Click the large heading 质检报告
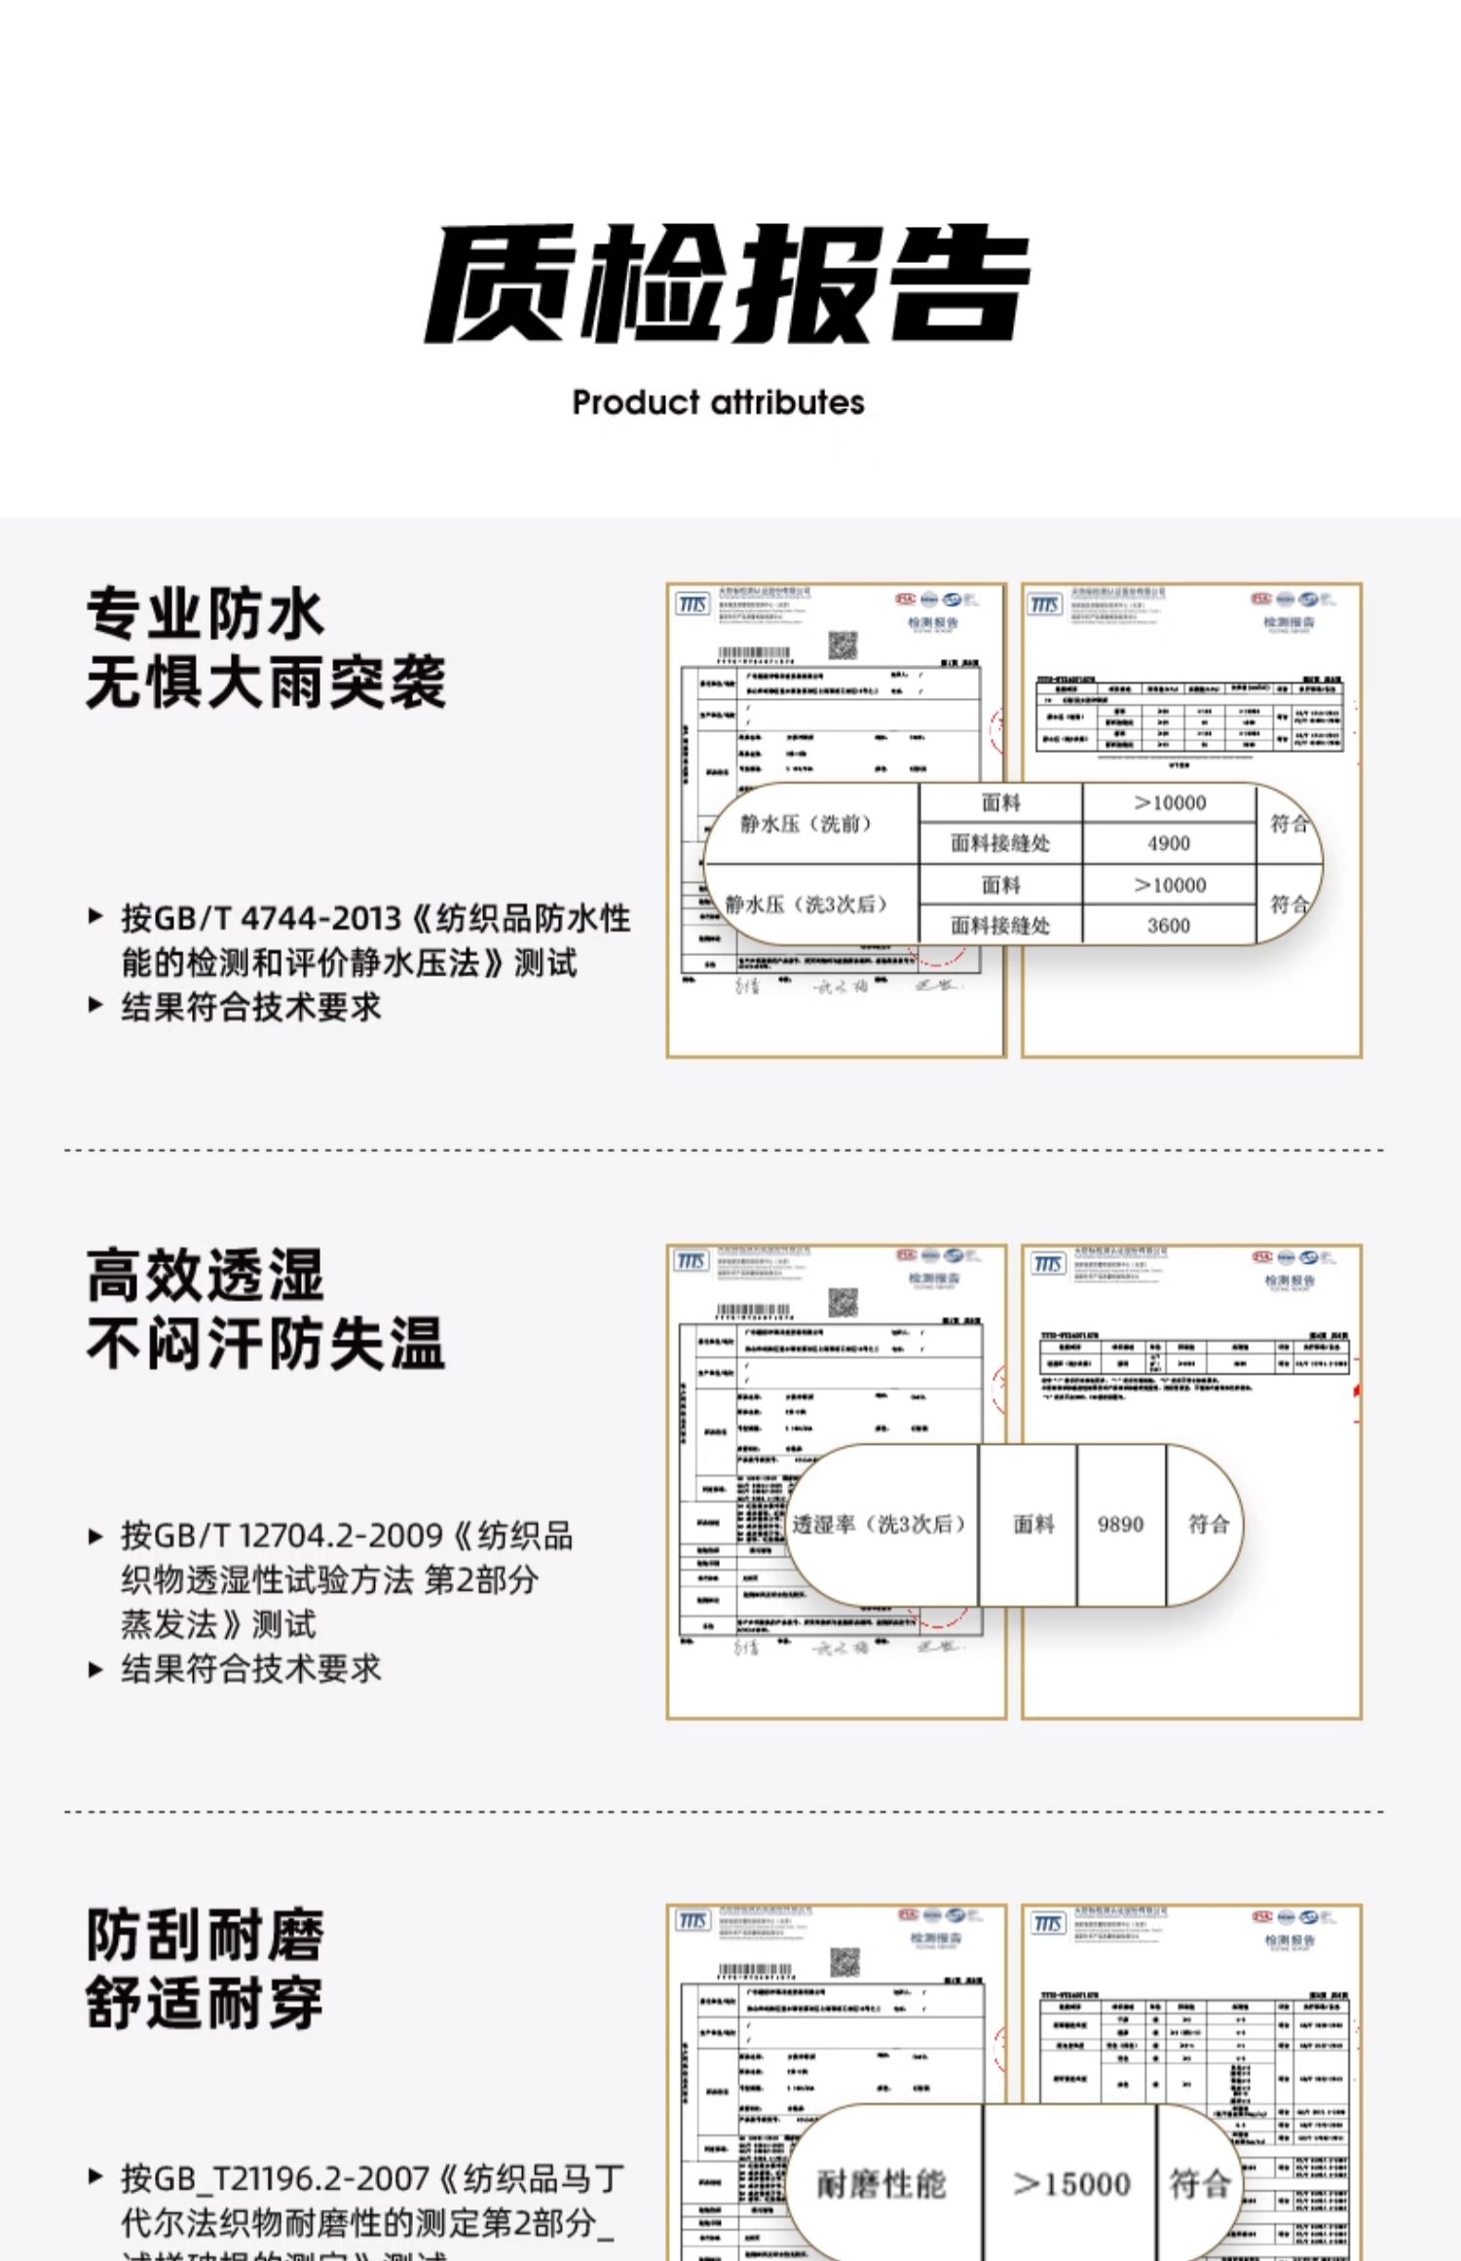pos(727,283)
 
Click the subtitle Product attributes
pos(718,402)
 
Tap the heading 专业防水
pos(205,613)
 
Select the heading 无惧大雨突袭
pos(266,682)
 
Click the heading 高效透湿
pos(205,1275)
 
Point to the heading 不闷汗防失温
pos(266,1343)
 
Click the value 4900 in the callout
pos(1168,843)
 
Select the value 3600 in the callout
pos(1168,925)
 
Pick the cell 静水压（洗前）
pos(805,824)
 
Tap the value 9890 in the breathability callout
pos(1120,1524)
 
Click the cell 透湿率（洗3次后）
pos(879,1524)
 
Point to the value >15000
pos(1070,2184)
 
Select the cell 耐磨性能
pos(881,2184)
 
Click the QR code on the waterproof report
pos(843,645)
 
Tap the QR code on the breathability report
pos(843,1302)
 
